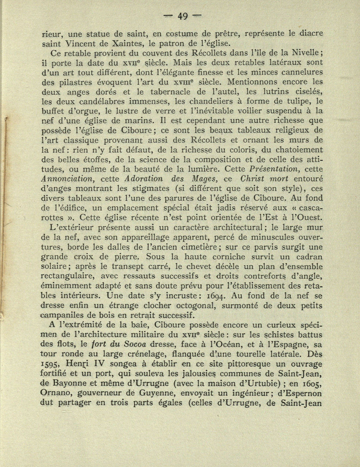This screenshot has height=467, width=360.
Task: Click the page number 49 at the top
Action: (x=182, y=16)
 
